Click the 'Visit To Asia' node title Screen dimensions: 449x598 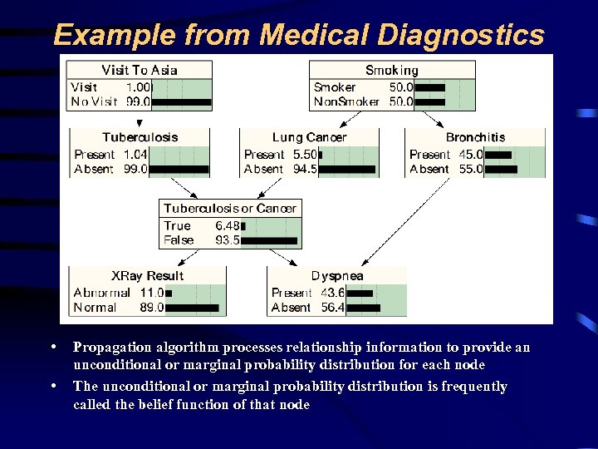(139, 70)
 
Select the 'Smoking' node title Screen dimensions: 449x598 (392, 71)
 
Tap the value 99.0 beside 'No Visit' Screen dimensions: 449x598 (137, 102)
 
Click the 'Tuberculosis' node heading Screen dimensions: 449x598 (140, 137)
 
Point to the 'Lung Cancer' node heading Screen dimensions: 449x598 (309, 137)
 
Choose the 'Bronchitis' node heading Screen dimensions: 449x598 (475, 137)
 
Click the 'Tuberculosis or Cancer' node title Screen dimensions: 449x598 (229, 208)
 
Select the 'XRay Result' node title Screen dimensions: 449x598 (147, 275)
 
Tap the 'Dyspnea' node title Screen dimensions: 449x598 (337, 275)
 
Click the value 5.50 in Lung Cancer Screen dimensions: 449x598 (305, 155)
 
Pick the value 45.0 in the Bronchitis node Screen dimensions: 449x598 (470, 155)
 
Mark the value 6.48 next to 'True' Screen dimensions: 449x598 (227, 226)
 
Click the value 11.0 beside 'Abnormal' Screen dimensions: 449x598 (151, 293)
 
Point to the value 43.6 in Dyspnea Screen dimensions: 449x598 (333, 293)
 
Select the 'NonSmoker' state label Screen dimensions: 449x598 (346, 102)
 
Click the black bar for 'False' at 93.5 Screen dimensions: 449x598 (270, 241)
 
